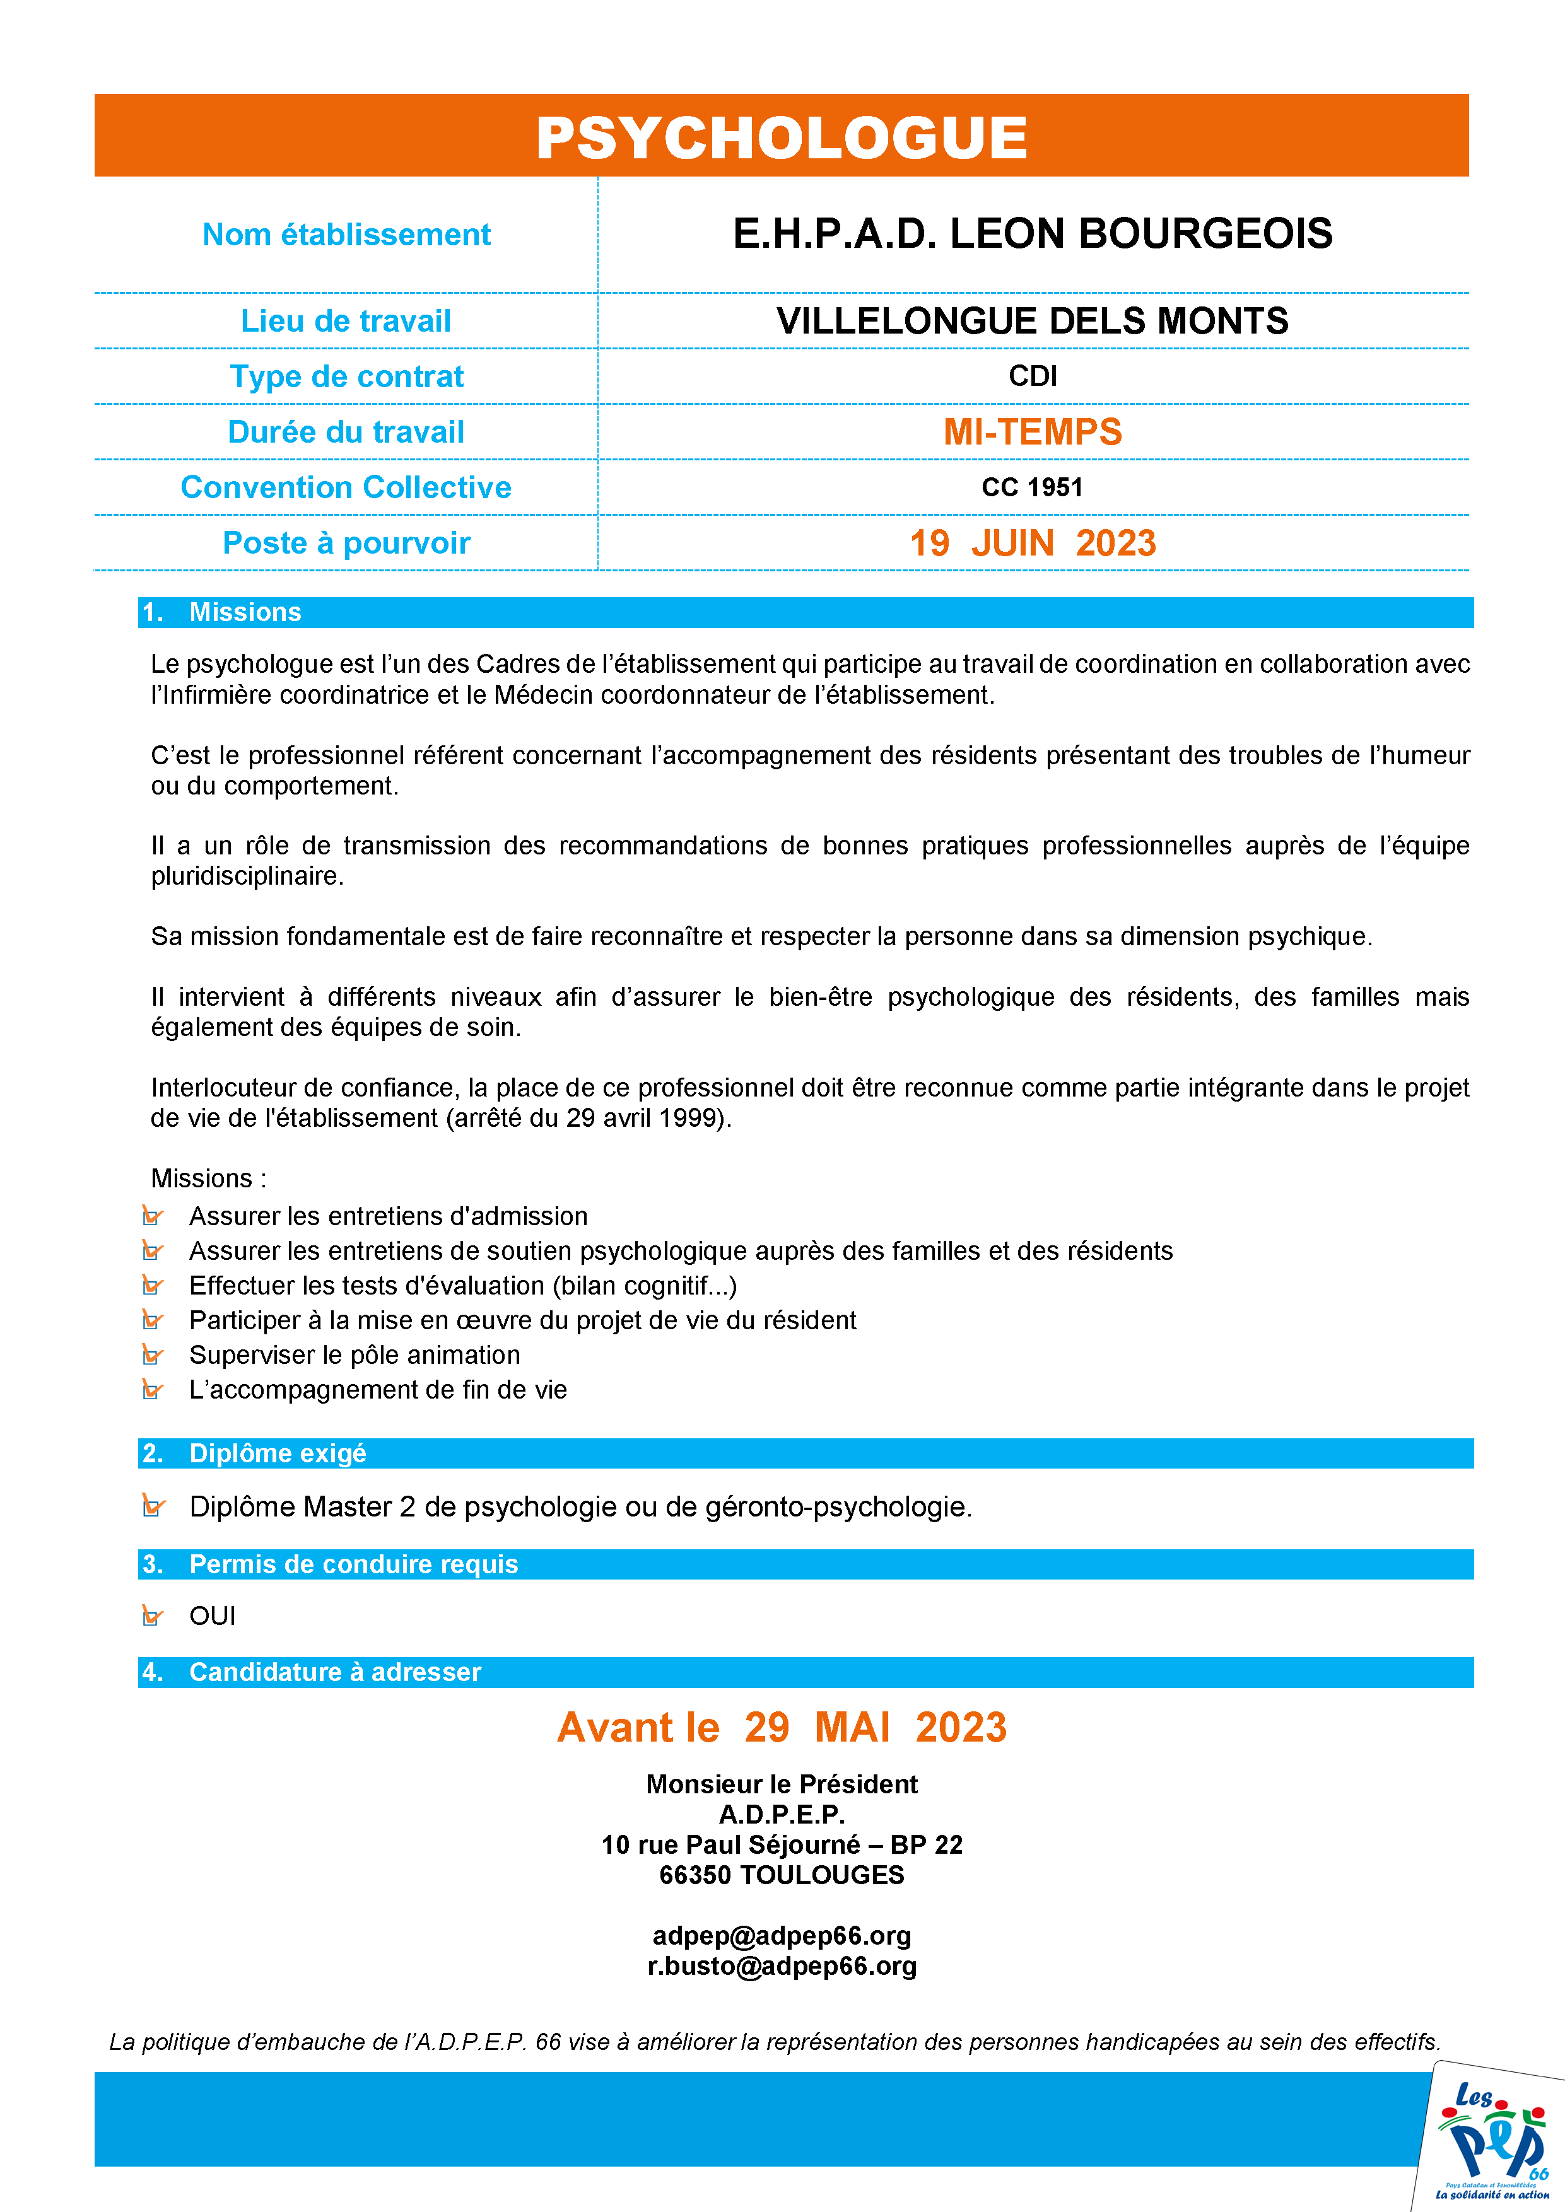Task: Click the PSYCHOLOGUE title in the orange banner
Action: pos(782,137)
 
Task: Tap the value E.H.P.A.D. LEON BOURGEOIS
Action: pos(1032,234)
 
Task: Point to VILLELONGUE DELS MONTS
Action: pos(1032,321)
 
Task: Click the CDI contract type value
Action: pos(1032,376)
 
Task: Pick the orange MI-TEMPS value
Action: pos(1032,431)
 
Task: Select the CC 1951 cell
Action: pos(1032,487)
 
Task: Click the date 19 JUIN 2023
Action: pos(1032,544)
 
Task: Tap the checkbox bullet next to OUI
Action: pos(152,1615)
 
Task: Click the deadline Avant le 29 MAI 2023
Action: pos(782,1727)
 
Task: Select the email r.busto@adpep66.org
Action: pos(782,1965)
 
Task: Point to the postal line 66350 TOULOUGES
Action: pos(782,1875)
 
